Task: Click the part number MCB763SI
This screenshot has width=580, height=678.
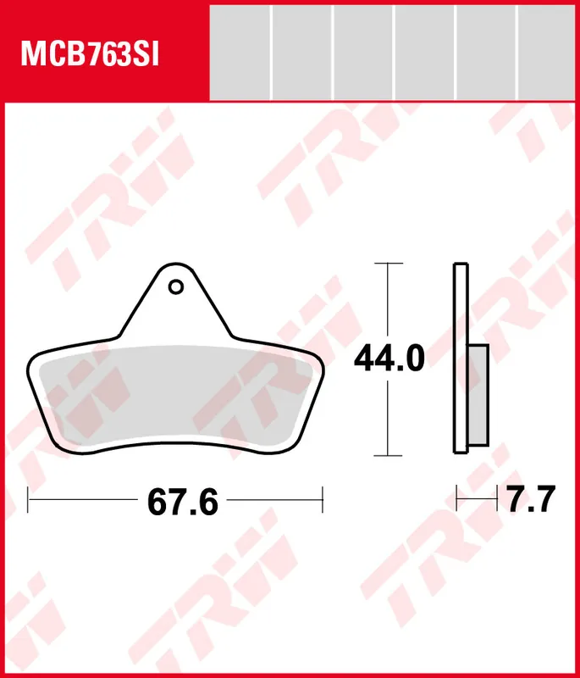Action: (90, 53)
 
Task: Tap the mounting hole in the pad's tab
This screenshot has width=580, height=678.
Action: (175, 287)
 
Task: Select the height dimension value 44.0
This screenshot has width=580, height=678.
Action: (389, 359)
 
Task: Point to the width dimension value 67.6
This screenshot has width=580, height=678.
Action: (183, 503)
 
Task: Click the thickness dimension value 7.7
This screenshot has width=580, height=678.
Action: (531, 500)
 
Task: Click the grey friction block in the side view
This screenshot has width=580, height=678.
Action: (478, 396)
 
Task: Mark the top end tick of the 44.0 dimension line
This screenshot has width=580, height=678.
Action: (388, 264)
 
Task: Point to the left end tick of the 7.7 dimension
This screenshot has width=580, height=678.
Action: (457, 499)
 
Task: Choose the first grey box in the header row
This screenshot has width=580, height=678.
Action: (239, 52)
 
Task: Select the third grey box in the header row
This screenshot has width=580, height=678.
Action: (363, 52)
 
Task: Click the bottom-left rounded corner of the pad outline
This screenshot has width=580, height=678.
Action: (54, 441)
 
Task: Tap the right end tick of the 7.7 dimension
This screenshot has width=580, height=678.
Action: (497, 499)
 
